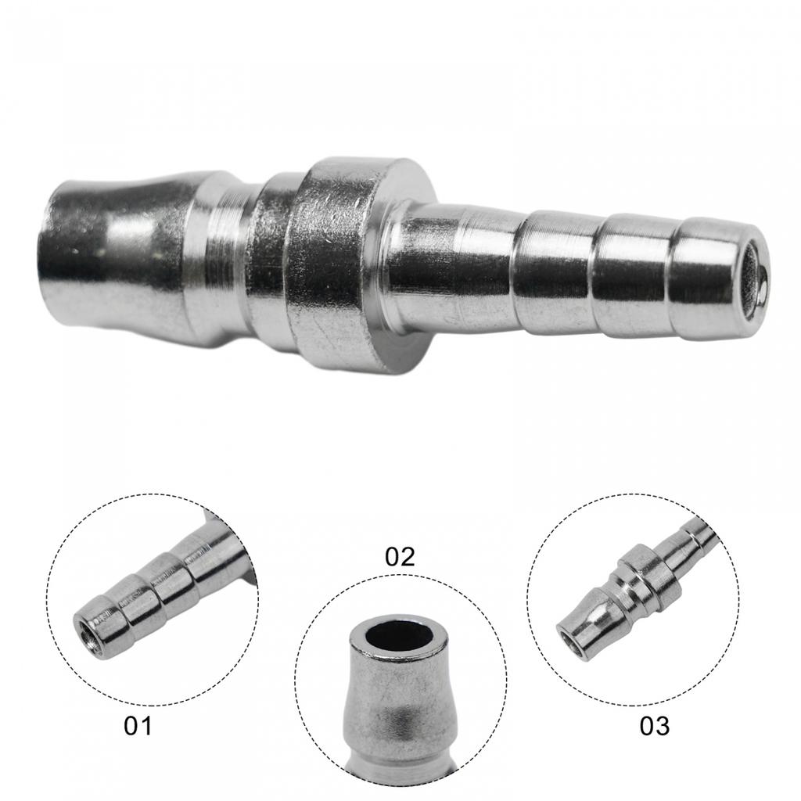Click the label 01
tap(137, 726)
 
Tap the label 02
tap(400, 557)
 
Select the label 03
tap(654, 726)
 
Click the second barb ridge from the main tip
tap(634, 275)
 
